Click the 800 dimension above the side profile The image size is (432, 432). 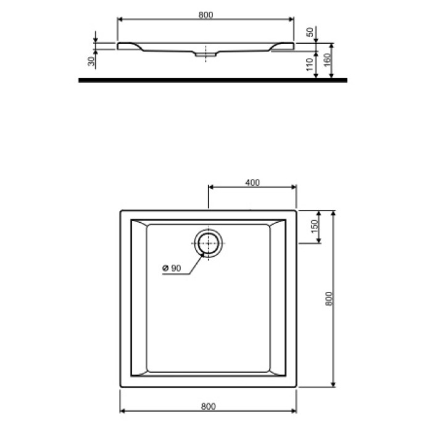point(206,15)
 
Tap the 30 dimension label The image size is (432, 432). point(91,60)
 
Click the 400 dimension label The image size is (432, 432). point(252,182)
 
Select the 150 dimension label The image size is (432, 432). point(314,226)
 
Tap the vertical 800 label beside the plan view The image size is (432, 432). point(328,299)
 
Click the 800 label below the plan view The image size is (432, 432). point(208,406)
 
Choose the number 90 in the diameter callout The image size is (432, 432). point(175,268)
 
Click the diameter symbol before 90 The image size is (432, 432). point(165,268)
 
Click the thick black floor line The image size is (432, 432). point(213,80)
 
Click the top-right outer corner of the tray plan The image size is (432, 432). point(297,210)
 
